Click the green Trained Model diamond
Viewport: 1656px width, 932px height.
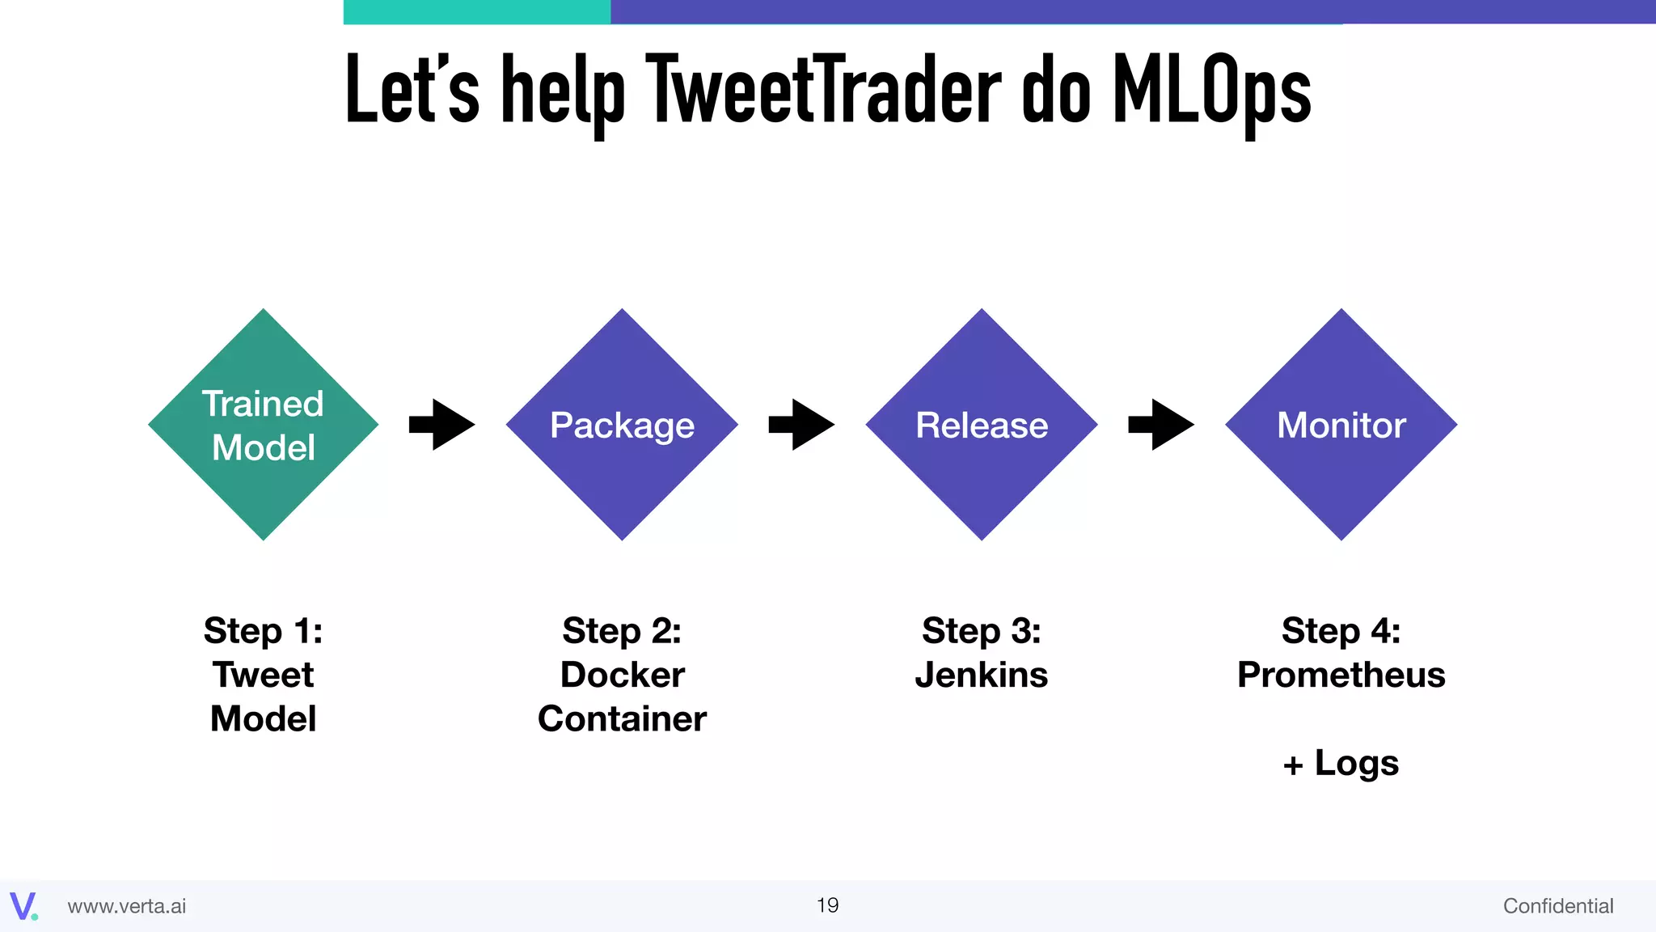[x=264, y=425]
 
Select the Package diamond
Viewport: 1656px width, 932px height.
[x=622, y=425]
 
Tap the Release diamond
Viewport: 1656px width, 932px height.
[x=982, y=425]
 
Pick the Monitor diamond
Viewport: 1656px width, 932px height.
[x=1341, y=425]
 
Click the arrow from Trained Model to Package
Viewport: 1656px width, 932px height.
[x=442, y=425]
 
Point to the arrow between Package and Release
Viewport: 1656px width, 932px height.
[x=801, y=425]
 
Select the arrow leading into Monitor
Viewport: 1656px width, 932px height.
[x=1161, y=425]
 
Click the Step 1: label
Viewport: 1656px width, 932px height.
[x=264, y=631]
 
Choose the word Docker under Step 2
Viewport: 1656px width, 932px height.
[x=622, y=675]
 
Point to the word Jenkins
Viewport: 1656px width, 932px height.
[x=982, y=675]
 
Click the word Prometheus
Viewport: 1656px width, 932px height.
[x=1341, y=675]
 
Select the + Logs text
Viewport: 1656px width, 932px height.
[x=1341, y=763]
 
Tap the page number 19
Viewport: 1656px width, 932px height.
[x=827, y=905]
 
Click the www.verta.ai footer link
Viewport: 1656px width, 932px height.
[x=127, y=906]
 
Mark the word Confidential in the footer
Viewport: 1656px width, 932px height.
[x=1557, y=906]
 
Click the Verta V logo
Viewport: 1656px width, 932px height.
[x=23, y=906]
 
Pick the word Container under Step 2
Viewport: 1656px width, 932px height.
[x=622, y=719]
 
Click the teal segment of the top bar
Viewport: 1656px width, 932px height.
[x=477, y=12]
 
